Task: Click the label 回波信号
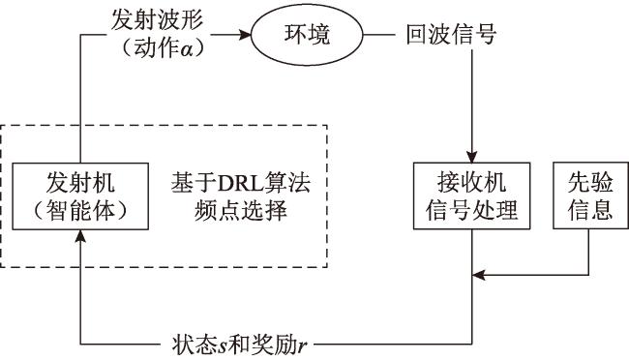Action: [451, 35]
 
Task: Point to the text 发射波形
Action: [157, 19]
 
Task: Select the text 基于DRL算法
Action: [241, 183]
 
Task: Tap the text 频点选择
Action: [241, 210]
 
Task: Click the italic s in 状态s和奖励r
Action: [223, 346]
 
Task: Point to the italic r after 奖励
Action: [302, 346]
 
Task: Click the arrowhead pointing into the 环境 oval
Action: [244, 35]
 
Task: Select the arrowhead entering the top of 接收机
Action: [472, 157]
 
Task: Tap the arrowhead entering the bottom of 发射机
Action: [80, 235]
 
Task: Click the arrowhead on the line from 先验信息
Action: [478, 275]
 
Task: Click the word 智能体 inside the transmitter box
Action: [80, 210]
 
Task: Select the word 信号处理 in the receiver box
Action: [472, 210]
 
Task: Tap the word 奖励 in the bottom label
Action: [274, 345]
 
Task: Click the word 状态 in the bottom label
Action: [195, 345]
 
